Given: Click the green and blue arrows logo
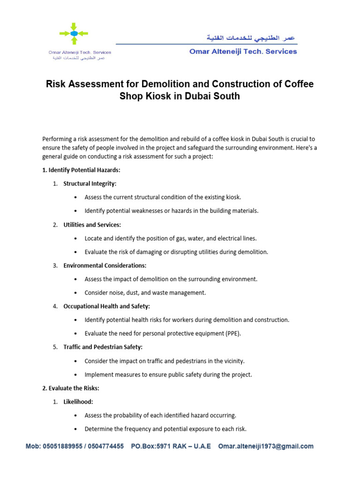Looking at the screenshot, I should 74,34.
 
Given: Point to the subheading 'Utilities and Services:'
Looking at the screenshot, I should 92,225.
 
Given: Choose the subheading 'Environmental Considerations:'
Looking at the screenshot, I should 105,265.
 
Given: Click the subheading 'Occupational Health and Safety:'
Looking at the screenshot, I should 107,306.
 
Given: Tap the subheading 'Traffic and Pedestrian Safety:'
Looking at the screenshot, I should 103,347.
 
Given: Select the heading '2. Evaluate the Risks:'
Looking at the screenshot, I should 71,388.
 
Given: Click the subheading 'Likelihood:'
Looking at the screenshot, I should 78,402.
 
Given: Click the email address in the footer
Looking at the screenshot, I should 266,446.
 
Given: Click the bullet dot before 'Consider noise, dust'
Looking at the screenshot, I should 76,293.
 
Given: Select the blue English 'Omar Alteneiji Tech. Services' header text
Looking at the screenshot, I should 243,52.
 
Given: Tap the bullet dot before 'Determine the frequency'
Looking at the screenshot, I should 76,429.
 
